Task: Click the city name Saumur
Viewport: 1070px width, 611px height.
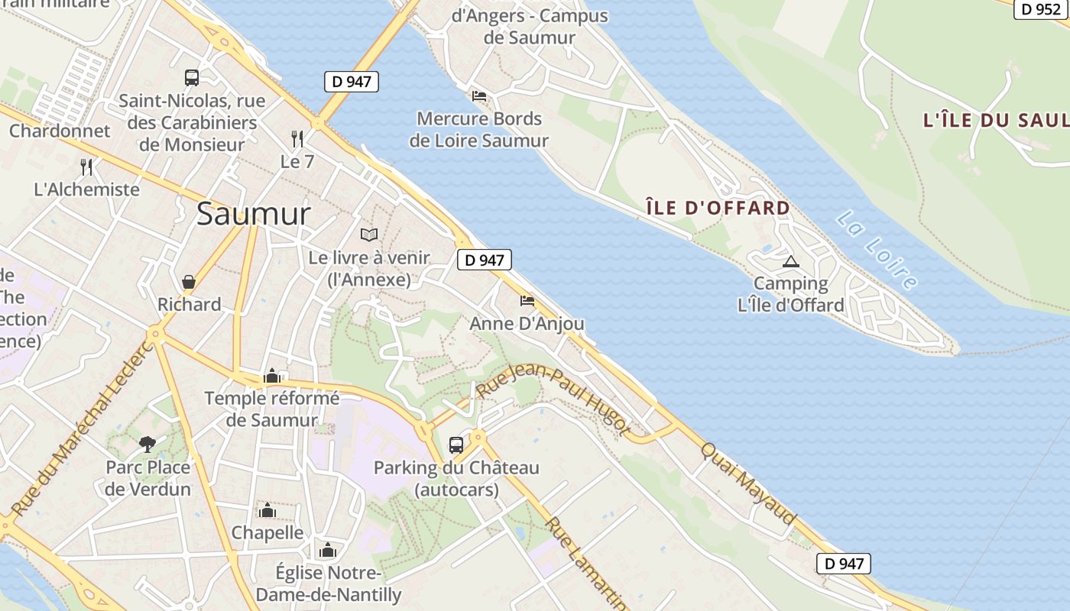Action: pos(253,215)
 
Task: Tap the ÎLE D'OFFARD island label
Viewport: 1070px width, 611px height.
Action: pos(718,208)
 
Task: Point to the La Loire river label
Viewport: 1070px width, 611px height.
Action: pos(877,251)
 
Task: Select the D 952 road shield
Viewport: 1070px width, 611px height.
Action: pos(1041,9)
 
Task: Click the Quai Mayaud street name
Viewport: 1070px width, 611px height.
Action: pos(749,483)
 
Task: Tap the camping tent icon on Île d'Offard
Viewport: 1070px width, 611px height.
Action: pos(790,262)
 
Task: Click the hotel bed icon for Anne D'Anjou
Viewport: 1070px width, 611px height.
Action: pos(527,301)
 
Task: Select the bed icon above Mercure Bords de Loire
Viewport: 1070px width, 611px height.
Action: pos(479,96)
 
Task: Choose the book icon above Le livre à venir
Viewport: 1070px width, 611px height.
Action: pos(369,234)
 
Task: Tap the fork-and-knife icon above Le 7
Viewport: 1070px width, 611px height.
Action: pos(297,138)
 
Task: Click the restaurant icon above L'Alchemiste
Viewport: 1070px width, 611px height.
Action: pos(86,166)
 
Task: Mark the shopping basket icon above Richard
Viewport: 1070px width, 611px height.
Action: pos(189,282)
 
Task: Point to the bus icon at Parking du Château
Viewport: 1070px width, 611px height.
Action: pos(456,445)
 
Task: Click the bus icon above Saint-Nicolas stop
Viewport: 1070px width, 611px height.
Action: pos(192,77)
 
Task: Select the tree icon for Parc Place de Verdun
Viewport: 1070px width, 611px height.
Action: pos(148,444)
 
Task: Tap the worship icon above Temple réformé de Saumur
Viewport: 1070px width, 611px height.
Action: pos(271,376)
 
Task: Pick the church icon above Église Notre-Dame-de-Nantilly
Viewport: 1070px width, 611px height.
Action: pos(328,550)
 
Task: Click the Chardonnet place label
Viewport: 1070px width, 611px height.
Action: pos(60,131)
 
